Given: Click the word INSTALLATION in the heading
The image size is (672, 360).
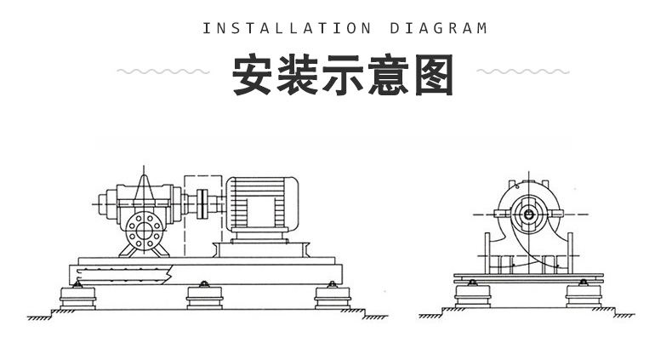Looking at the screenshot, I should click(x=287, y=28).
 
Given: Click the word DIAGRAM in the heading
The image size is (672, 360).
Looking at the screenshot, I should click(x=438, y=28).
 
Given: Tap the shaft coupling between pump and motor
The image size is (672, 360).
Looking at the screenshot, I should click(x=203, y=204).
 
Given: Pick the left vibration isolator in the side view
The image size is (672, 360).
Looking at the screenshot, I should click(x=77, y=298).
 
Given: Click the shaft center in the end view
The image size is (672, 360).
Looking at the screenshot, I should click(x=530, y=215).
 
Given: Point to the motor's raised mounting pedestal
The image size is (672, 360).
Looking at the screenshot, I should click(x=263, y=249).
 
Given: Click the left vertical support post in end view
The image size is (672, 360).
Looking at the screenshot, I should click(x=487, y=252).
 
